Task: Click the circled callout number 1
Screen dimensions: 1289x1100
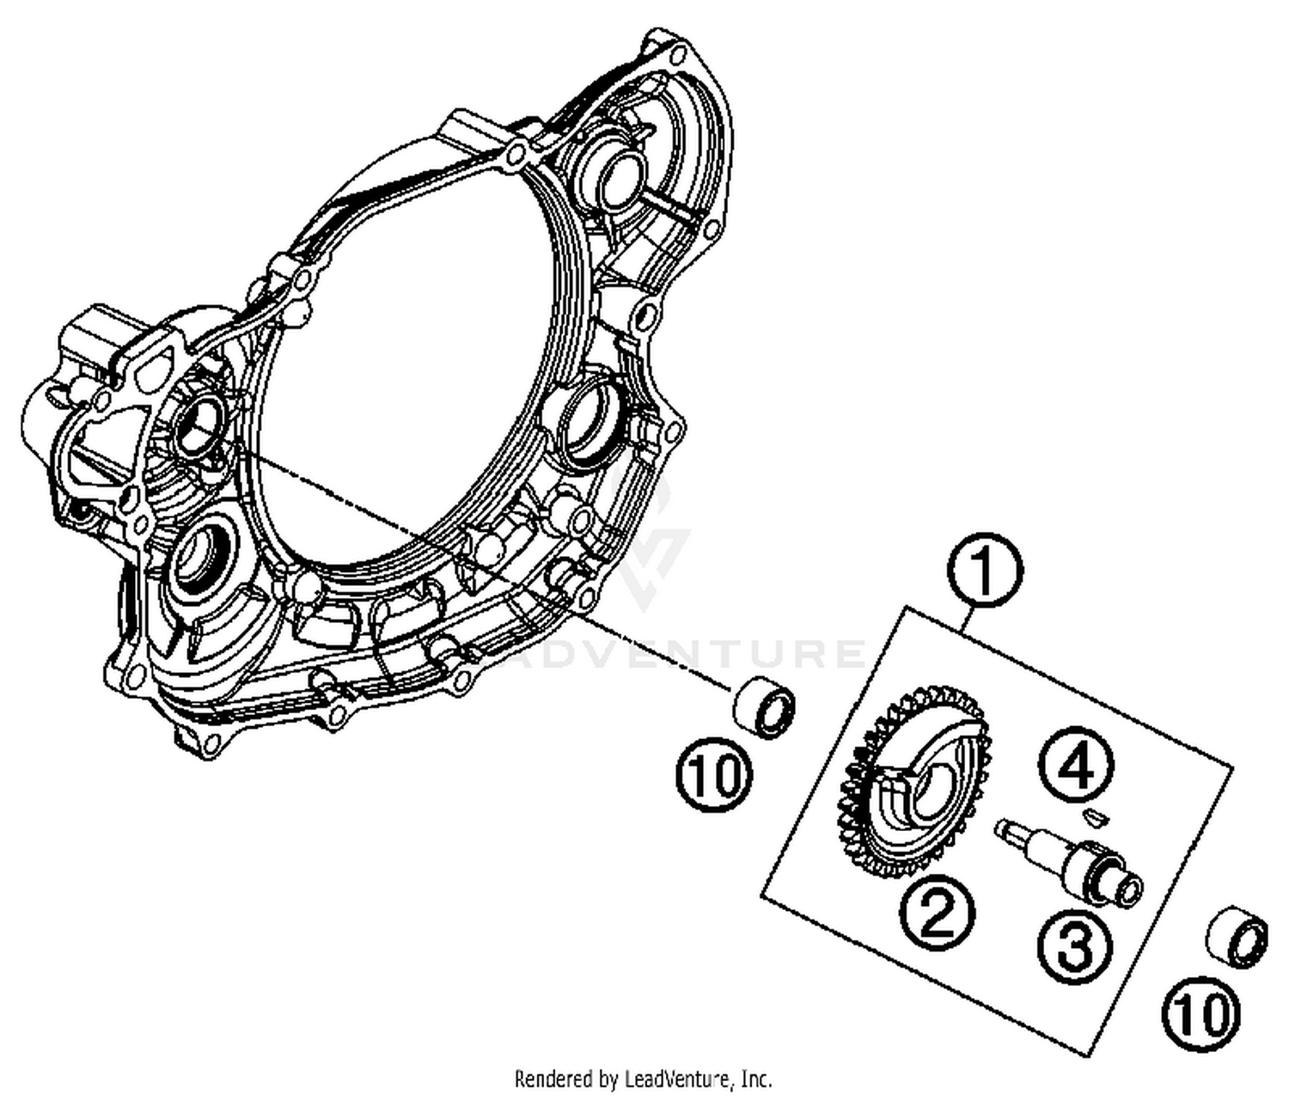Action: (x=985, y=570)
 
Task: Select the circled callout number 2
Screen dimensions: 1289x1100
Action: (x=938, y=914)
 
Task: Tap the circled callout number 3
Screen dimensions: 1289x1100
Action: (x=1073, y=947)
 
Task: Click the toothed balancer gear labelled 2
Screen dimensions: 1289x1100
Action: (x=911, y=786)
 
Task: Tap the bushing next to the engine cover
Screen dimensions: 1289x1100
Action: (x=763, y=706)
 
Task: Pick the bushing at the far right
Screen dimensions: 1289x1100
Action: (x=1237, y=940)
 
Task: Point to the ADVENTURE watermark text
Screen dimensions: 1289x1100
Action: (x=687, y=653)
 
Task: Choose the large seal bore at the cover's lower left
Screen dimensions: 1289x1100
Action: (x=199, y=559)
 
